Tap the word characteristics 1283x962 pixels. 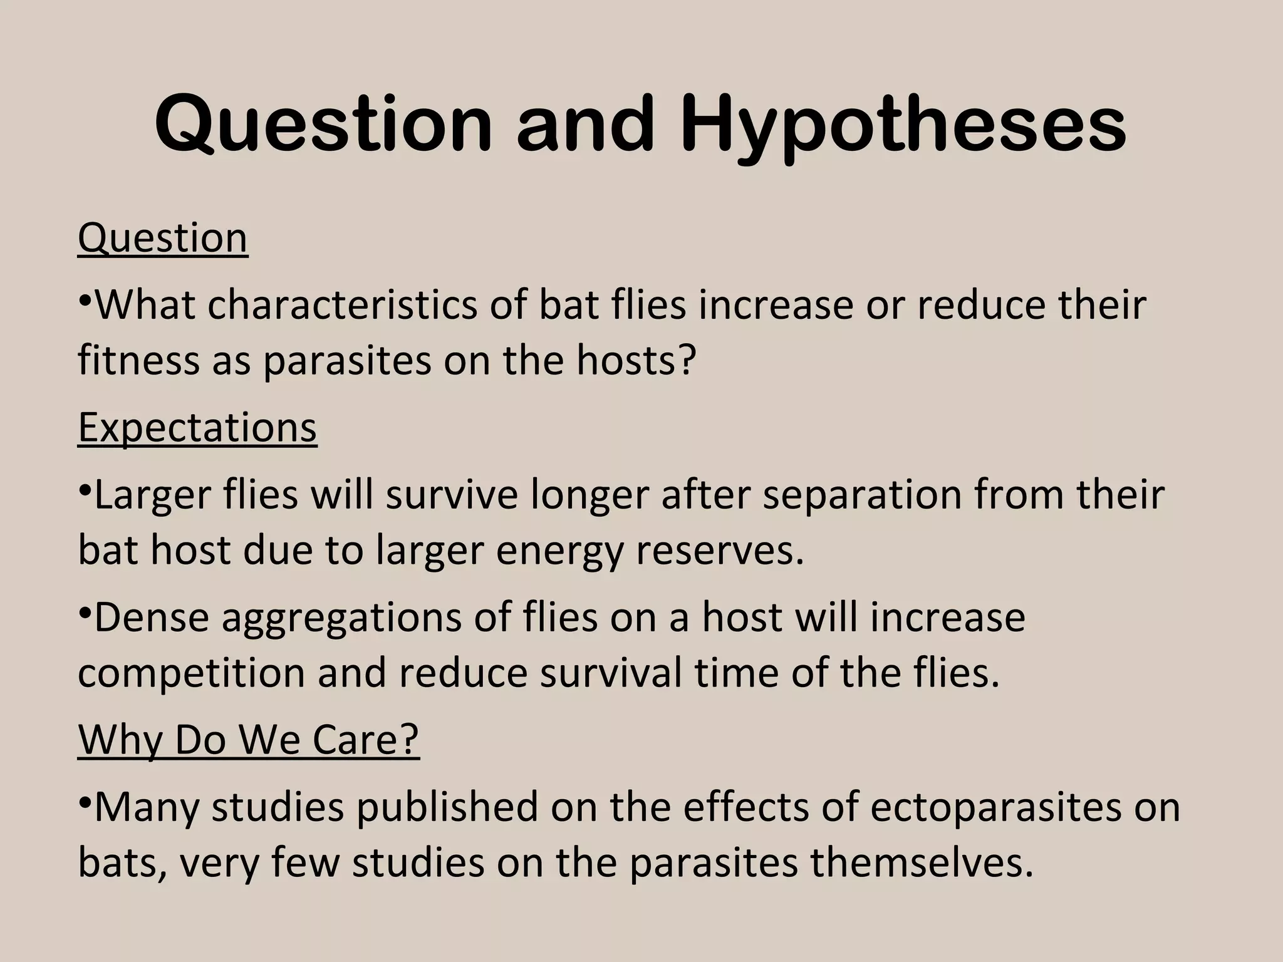(342, 305)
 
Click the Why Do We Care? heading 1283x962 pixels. (248, 740)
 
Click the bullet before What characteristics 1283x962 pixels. (85, 299)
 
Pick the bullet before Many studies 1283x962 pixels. (85, 801)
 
